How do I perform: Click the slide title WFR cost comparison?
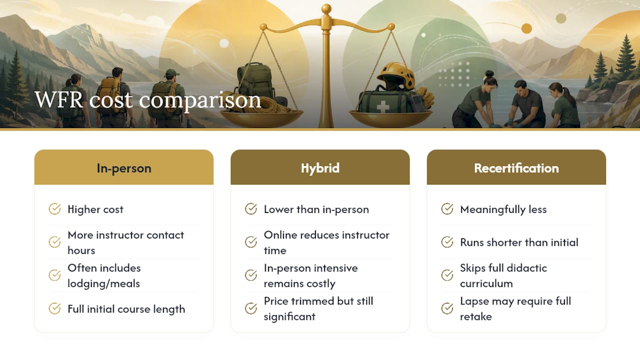coord(147,100)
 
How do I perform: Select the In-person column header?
coord(124,168)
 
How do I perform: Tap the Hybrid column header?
coord(320,168)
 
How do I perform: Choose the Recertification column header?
coord(516,168)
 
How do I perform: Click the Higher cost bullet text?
coord(95,209)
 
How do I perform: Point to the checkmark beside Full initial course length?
coord(54,308)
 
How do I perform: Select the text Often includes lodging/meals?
coord(104,275)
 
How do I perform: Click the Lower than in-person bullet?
coord(316,209)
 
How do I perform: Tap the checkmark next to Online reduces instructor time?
coord(251,242)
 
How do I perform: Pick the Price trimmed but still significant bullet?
coord(318,308)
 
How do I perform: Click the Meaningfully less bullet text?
coord(503,209)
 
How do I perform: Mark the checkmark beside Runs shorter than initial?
coord(447,242)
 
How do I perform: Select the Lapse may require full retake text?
coord(515,308)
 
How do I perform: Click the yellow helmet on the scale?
coord(395,75)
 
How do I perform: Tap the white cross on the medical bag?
coord(383,106)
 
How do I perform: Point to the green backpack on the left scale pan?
coord(255,81)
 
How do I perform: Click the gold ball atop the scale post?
coord(326,9)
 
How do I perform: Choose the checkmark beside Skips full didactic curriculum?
coord(447,275)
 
